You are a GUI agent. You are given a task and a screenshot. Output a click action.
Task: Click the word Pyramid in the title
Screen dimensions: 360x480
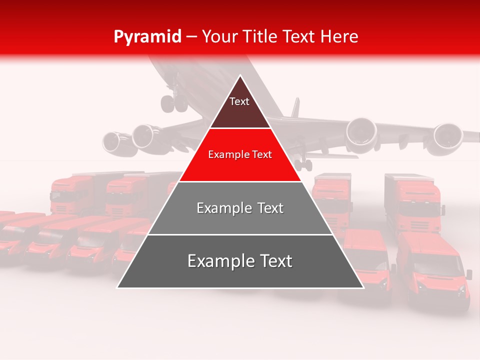[x=147, y=36]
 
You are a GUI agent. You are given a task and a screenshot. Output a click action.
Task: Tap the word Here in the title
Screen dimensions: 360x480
[x=339, y=36]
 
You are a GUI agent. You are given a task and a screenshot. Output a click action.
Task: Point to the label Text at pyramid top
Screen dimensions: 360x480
[x=239, y=101]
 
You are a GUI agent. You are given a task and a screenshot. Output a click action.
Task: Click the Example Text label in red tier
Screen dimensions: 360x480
[x=240, y=154]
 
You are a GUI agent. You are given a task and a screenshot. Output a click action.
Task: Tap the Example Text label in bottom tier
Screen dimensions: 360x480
[x=240, y=261]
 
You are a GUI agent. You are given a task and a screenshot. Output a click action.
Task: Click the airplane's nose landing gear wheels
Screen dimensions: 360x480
[x=173, y=102]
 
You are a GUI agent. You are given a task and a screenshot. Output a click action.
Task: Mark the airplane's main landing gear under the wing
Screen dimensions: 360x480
[x=303, y=164]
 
